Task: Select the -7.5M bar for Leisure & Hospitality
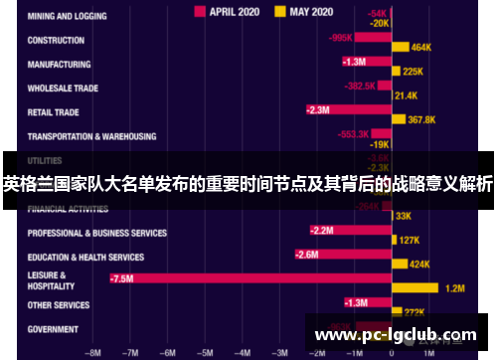249,278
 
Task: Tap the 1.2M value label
455,288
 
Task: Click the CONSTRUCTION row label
56,41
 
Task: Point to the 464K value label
420,47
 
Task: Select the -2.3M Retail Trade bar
348,110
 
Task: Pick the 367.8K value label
421,119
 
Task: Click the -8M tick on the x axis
93,351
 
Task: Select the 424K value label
419,265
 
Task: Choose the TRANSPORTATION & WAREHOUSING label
91,136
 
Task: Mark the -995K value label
340,38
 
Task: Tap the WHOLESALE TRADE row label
63,88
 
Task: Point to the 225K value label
413,72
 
